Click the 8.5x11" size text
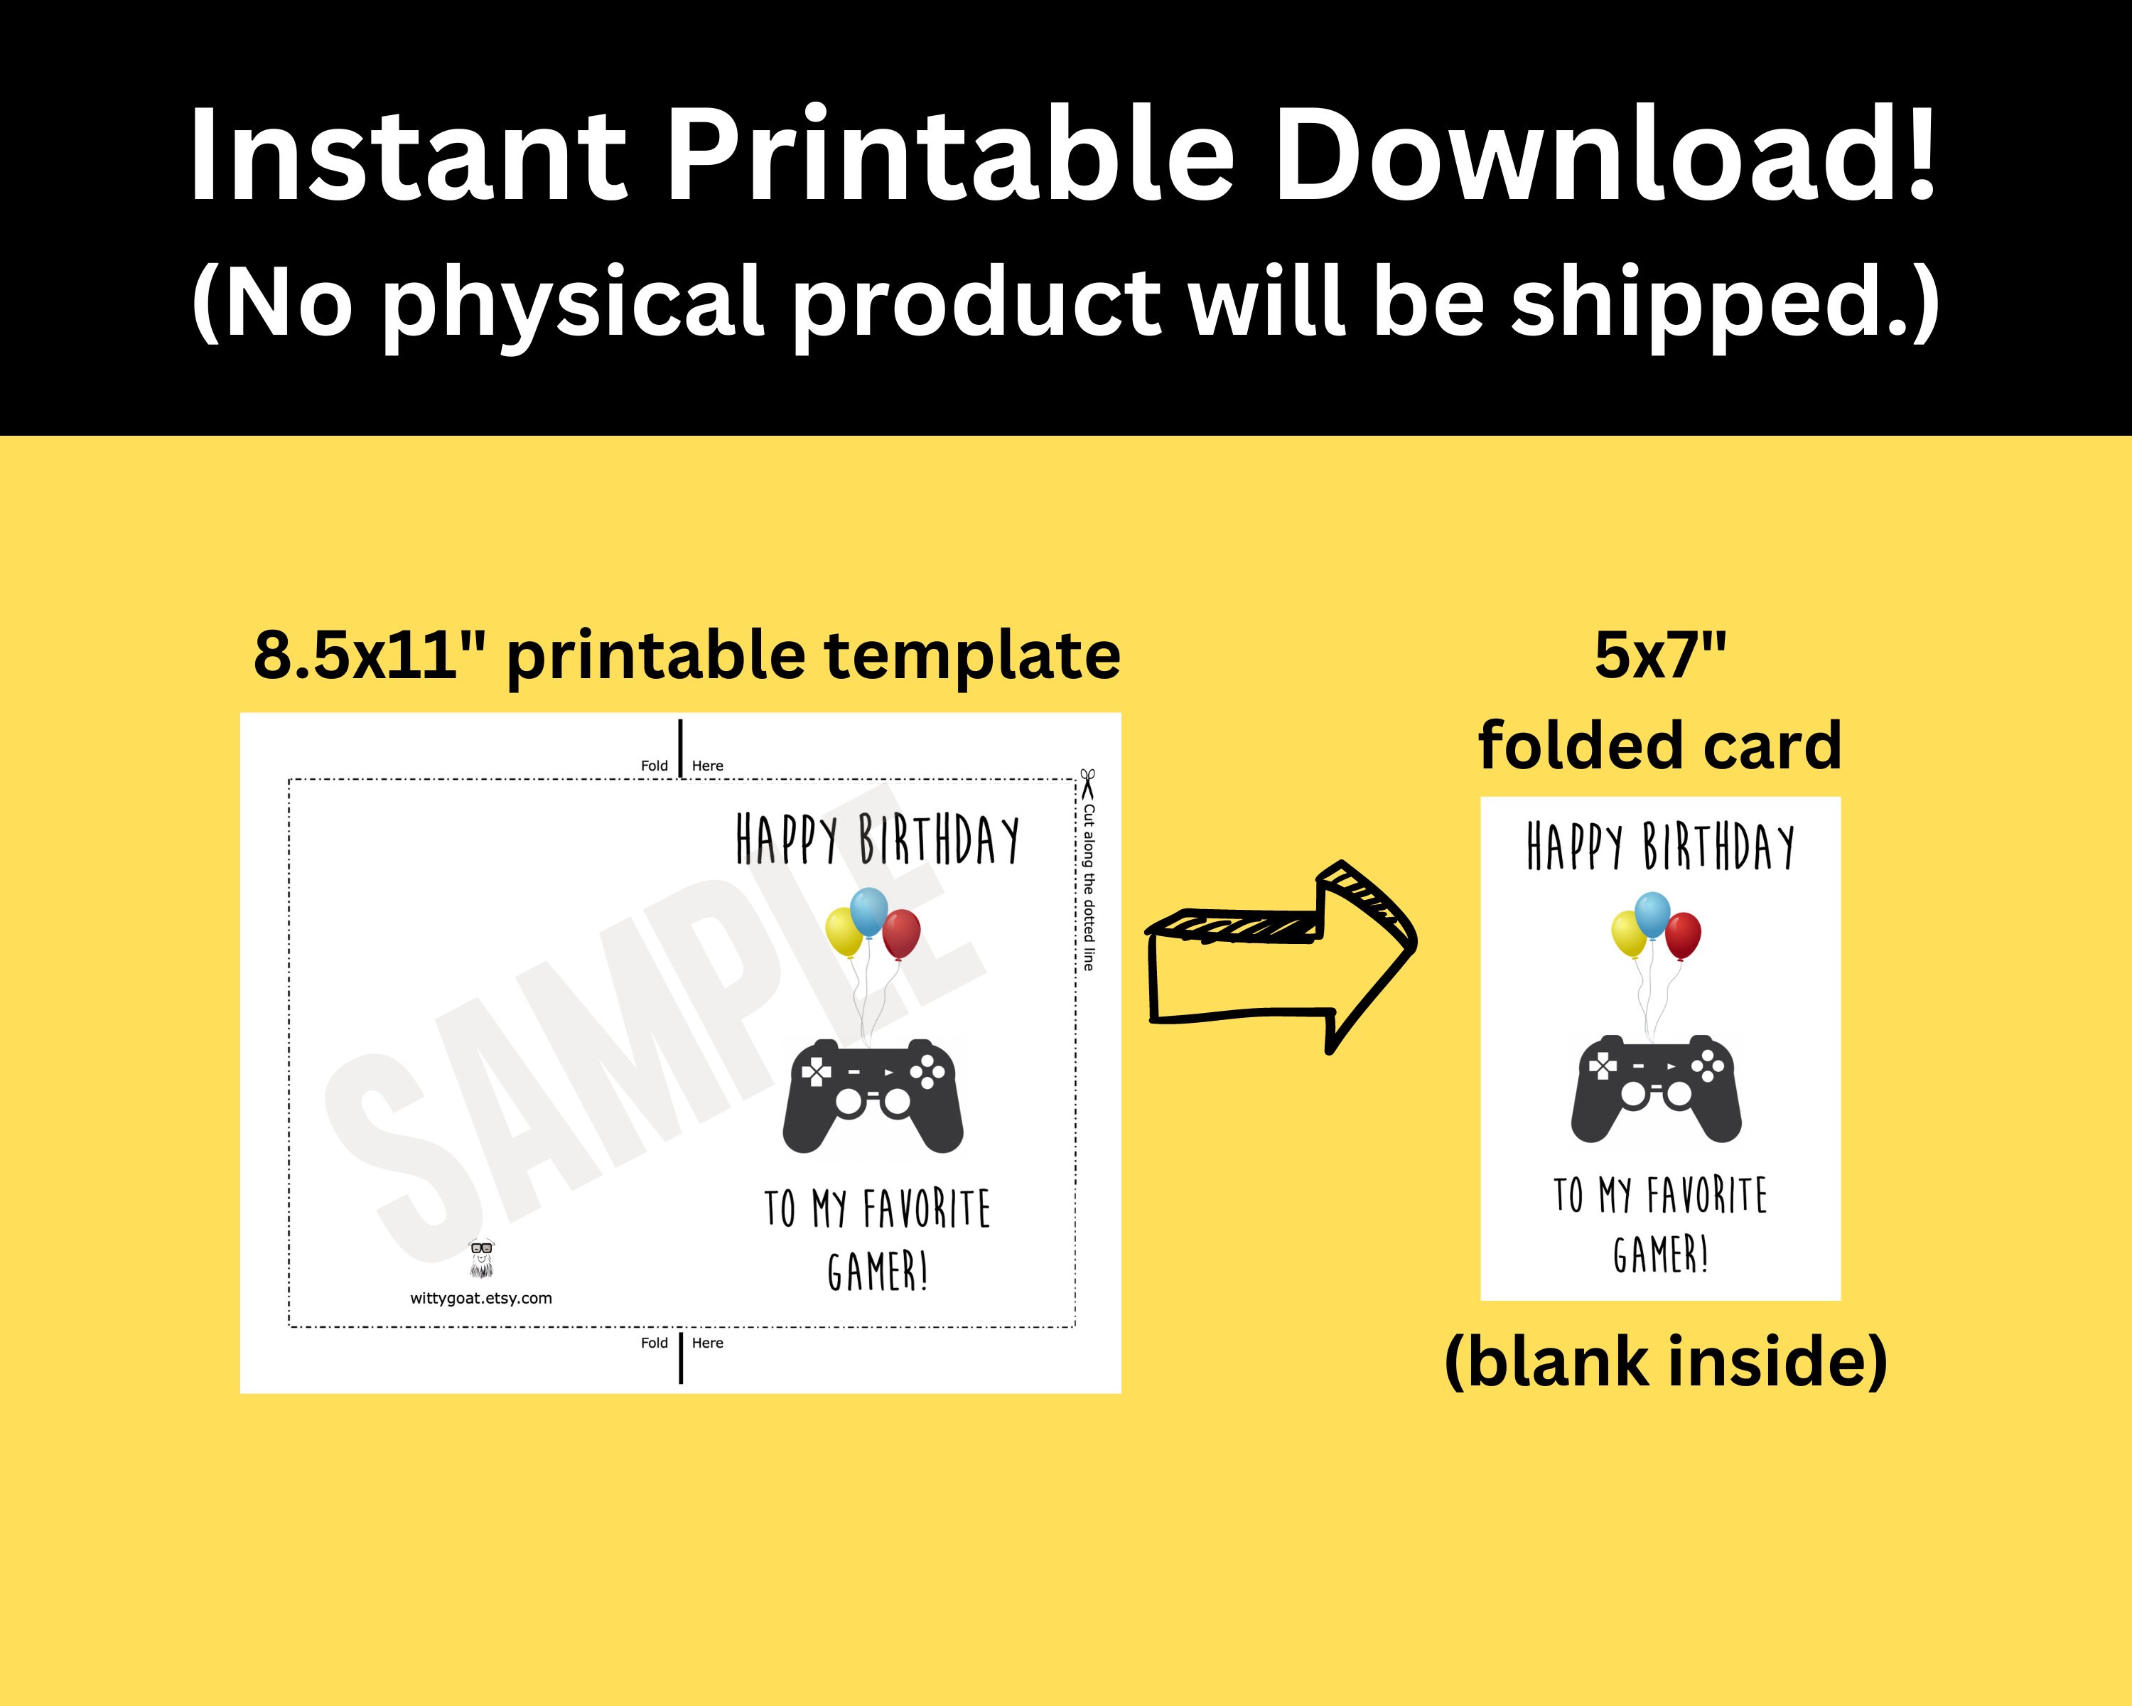356,655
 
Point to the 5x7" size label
1660,655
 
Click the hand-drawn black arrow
1286,955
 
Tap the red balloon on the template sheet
901,933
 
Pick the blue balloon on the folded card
1652,915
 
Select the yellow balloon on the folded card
1629,933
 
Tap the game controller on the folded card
1657,1088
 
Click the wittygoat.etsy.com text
482,1299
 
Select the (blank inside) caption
1665,1362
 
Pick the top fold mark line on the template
680,749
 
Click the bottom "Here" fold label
708,1343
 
